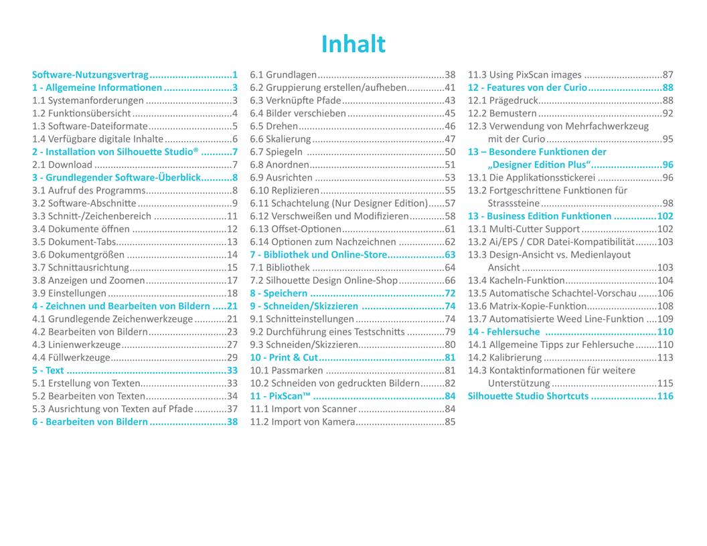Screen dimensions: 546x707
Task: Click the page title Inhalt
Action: [353, 44]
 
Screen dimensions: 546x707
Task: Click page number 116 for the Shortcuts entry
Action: [665, 396]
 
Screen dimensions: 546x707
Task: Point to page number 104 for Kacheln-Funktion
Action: [665, 280]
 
